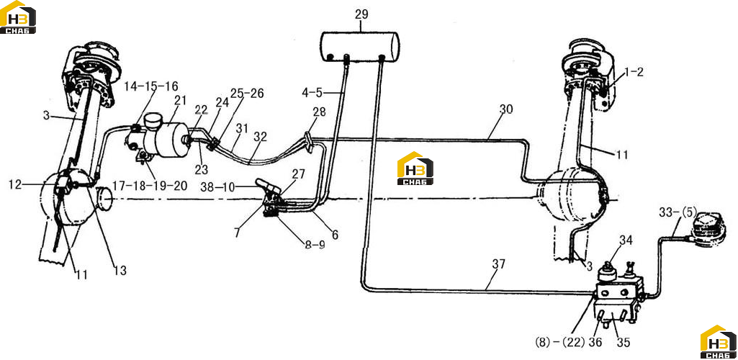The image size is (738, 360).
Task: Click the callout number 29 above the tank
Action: pos(361,14)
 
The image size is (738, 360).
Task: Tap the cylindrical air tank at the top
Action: pos(360,46)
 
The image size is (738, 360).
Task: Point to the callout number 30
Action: pos(506,109)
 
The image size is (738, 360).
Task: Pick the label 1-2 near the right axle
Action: pos(634,72)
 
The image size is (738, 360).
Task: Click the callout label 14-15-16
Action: pos(151,86)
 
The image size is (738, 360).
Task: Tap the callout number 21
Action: pos(180,100)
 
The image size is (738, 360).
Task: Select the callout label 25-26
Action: pos(247,93)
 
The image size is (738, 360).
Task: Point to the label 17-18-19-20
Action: pos(149,186)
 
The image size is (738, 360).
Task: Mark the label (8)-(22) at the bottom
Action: pos(559,342)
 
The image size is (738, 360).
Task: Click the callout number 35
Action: pos(623,342)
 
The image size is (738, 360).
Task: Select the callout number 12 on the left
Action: pos(15,185)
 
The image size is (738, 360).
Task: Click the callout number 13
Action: pos(120,271)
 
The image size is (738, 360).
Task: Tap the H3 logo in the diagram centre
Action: pos(415,168)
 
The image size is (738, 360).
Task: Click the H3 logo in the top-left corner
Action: pos(18,17)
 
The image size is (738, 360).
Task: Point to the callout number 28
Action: pos(320,113)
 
